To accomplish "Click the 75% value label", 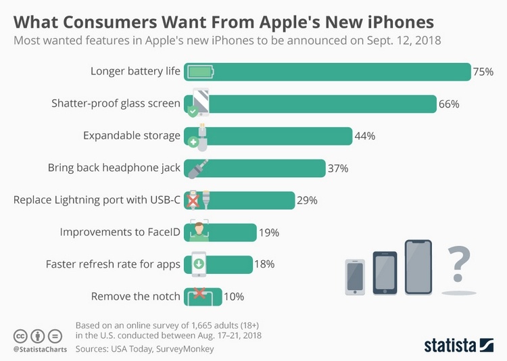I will pos(483,72).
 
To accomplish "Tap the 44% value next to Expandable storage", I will pos(364,136).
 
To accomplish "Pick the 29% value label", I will pos(307,200).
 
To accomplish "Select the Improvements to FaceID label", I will pos(120,232).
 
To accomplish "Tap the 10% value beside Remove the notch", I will pos(234,296).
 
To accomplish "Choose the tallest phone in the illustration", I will pos(418,267).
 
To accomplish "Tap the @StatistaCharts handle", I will pos(39,350).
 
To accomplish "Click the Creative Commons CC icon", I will pos(20,336).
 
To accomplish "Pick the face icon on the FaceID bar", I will pos(199,232).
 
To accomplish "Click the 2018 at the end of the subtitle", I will pos(428,40).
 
